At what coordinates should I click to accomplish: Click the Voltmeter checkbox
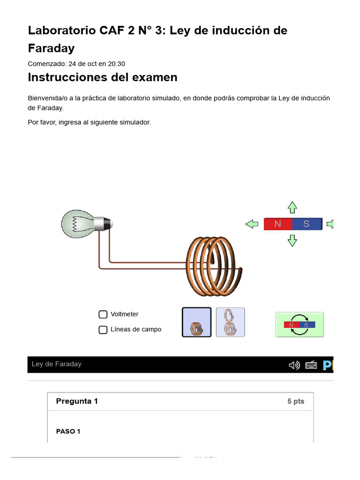pyautogui.click(x=103, y=315)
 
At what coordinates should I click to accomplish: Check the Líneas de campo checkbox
pyautogui.click(x=103, y=330)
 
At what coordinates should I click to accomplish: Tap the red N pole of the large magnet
pyautogui.click(x=278, y=224)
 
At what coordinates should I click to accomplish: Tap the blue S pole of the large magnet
pyautogui.click(x=307, y=224)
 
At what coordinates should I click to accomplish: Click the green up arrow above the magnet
pyautogui.click(x=292, y=207)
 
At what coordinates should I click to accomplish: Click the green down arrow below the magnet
pyautogui.click(x=292, y=241)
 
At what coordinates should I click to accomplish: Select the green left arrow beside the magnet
pyautogui.click(x=252, y=224)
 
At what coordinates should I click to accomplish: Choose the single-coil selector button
pyautogui.click(x=196, y=322)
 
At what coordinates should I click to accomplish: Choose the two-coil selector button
pyautogui.click(x=230, y=322)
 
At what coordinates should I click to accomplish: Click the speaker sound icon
pyautogui.click(x=294, y=365)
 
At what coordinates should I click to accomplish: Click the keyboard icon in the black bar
pyautogui.click(x=311, y=365)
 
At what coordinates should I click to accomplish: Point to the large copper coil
pyautogui.click(x=213, y=266)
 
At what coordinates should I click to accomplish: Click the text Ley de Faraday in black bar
pyautogui.click(x=56, y=364)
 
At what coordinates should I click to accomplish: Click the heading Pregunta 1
pyautogui.click(x=77, y=401)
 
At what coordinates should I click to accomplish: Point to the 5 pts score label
pyautogui.click(x=296, y=402)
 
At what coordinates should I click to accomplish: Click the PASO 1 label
pyautogui.click(x=68, y=431)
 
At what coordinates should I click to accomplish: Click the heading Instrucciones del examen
pyautogui.click(x=103, y=77)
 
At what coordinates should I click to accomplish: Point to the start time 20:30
pyautogui.click(x=116, y=64)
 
